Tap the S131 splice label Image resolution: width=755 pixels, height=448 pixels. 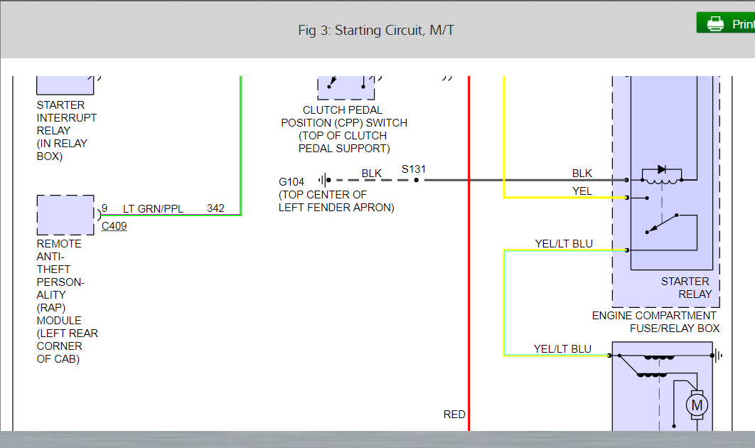click(414, 169)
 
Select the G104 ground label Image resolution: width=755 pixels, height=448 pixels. click(291, 182)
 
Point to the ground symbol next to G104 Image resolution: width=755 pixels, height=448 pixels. click(324, 181)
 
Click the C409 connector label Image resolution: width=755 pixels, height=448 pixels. click(114, 226)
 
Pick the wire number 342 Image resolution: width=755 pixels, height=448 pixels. click(215, 208)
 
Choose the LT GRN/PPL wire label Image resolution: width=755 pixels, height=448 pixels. click(153, 208)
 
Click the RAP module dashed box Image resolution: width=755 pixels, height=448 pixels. click(65, 215)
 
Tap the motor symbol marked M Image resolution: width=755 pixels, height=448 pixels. click(696, 405)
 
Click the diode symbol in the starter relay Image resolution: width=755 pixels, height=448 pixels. click(662, 170)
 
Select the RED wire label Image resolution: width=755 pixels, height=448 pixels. click(454, 415)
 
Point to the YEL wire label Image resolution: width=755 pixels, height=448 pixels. click(582, 191)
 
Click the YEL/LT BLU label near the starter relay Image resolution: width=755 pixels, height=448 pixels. click(564, 244)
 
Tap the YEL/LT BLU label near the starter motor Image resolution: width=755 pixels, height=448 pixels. click(562, 348)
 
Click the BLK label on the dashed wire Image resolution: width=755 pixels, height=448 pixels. click(371, 173)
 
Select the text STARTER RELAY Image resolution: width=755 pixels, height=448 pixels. click(685, 287)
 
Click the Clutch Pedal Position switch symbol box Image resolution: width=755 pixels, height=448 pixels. click(346, 85)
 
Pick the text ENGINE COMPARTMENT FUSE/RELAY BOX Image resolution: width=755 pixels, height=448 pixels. click(655, 321)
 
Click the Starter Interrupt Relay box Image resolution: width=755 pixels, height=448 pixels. click(65, 84)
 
